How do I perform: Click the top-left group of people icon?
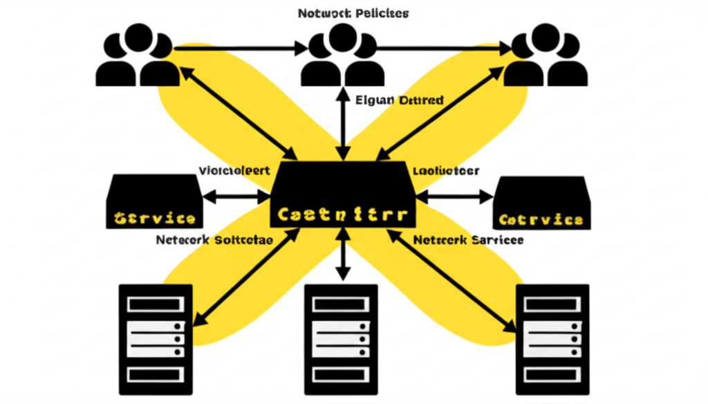(136, 56)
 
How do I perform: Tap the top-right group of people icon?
(544, 56)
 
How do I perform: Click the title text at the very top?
(353, 13)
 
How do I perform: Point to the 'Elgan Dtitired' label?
(399, 100)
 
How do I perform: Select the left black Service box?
(154, 201)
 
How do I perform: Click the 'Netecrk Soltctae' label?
(214, 240)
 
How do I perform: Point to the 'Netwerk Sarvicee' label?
(467, 240)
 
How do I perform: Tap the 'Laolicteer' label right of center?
(445, 170)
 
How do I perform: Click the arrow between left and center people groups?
(239, 48)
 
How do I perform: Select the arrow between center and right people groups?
(442, 48)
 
